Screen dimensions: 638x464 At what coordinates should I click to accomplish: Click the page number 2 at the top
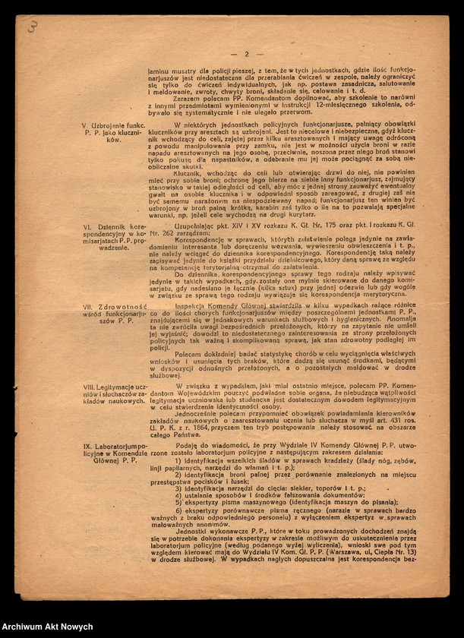246,54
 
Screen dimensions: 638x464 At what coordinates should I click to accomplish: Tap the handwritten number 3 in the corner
33,26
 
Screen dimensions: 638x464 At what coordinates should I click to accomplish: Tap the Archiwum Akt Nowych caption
47,627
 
